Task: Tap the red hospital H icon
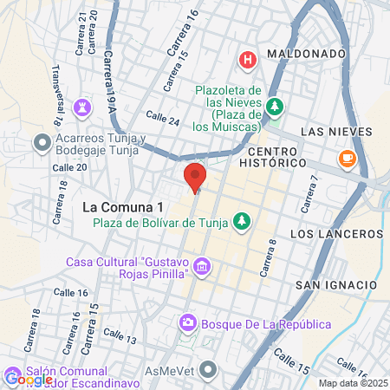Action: coord(248,60)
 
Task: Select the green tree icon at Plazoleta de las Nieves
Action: coord(275,107)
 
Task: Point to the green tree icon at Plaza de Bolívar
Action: coord(242,221)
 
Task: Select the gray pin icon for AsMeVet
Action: coord(206,371)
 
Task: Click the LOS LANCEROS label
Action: coord(336,235)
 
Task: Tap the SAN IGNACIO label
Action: coord(336,285)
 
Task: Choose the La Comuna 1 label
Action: coord(122,207)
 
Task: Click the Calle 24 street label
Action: coord(163,120)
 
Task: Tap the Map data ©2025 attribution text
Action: coord(353,383)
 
